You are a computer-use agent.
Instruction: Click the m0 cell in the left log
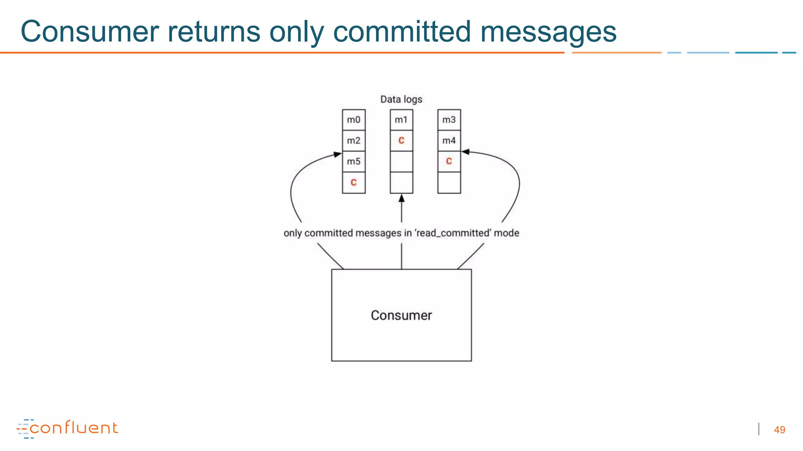353,120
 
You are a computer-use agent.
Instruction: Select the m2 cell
353,141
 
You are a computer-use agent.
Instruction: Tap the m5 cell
353,161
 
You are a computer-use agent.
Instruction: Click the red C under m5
353,182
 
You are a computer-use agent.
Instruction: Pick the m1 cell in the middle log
401,120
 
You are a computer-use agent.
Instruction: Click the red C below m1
401,141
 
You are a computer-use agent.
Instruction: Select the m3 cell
449,120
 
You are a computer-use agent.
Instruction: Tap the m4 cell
449,141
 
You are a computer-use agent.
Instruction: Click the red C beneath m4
449,161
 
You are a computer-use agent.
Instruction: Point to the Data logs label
401,99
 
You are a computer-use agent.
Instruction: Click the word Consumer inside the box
401,316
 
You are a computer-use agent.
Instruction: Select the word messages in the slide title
548,32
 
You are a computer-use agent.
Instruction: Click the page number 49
779,430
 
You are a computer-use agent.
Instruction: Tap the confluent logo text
73,428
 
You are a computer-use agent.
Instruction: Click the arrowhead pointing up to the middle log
401,198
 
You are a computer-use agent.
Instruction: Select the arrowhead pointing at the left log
338,154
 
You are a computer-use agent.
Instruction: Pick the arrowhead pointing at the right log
465,152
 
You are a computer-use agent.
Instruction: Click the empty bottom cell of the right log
449,182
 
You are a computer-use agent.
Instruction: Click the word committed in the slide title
401,32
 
